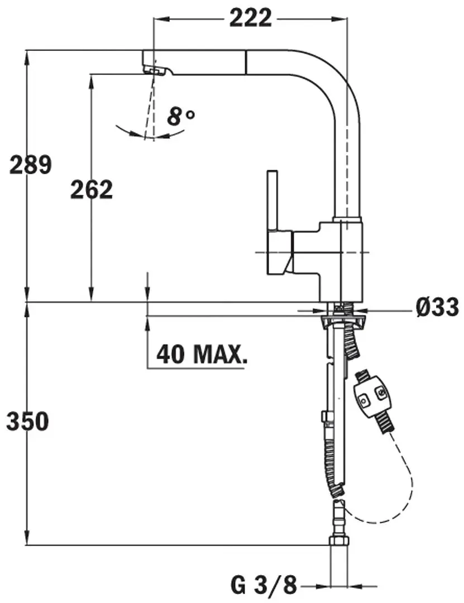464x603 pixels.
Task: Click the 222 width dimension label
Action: (x=250, y=18)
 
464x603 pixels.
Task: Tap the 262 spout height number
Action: (x=92, y=190)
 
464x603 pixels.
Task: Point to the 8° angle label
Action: (x=180, y=117)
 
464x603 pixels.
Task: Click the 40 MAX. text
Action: (x=202, y=354)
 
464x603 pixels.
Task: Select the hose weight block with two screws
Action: (x=371, y=398)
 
